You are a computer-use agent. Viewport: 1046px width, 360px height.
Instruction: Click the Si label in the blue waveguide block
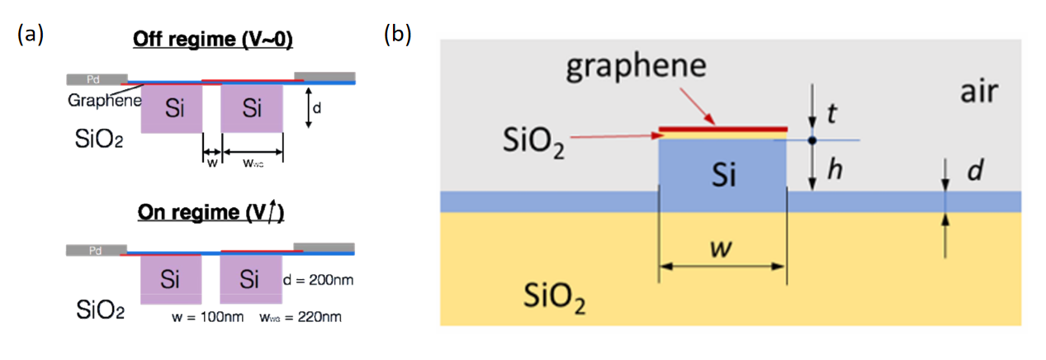(x=723, y=175)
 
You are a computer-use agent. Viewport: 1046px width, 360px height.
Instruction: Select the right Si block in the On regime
(x=250, y=279)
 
